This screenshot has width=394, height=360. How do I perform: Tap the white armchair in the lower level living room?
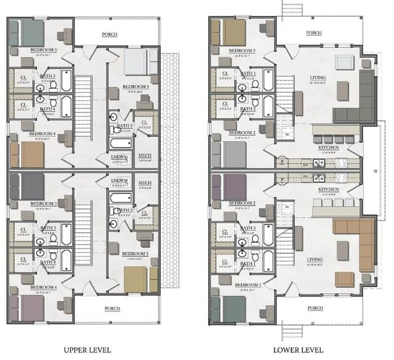click(344, 63)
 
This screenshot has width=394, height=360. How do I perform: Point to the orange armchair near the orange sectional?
click(344, 279)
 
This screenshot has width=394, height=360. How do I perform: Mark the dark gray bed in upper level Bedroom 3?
click(27, 185)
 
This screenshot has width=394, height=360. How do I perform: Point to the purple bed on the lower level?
click(231, 186)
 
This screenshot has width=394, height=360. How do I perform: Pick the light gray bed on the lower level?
click(231, 154)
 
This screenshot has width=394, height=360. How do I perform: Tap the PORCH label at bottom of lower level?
click(314, 308)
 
